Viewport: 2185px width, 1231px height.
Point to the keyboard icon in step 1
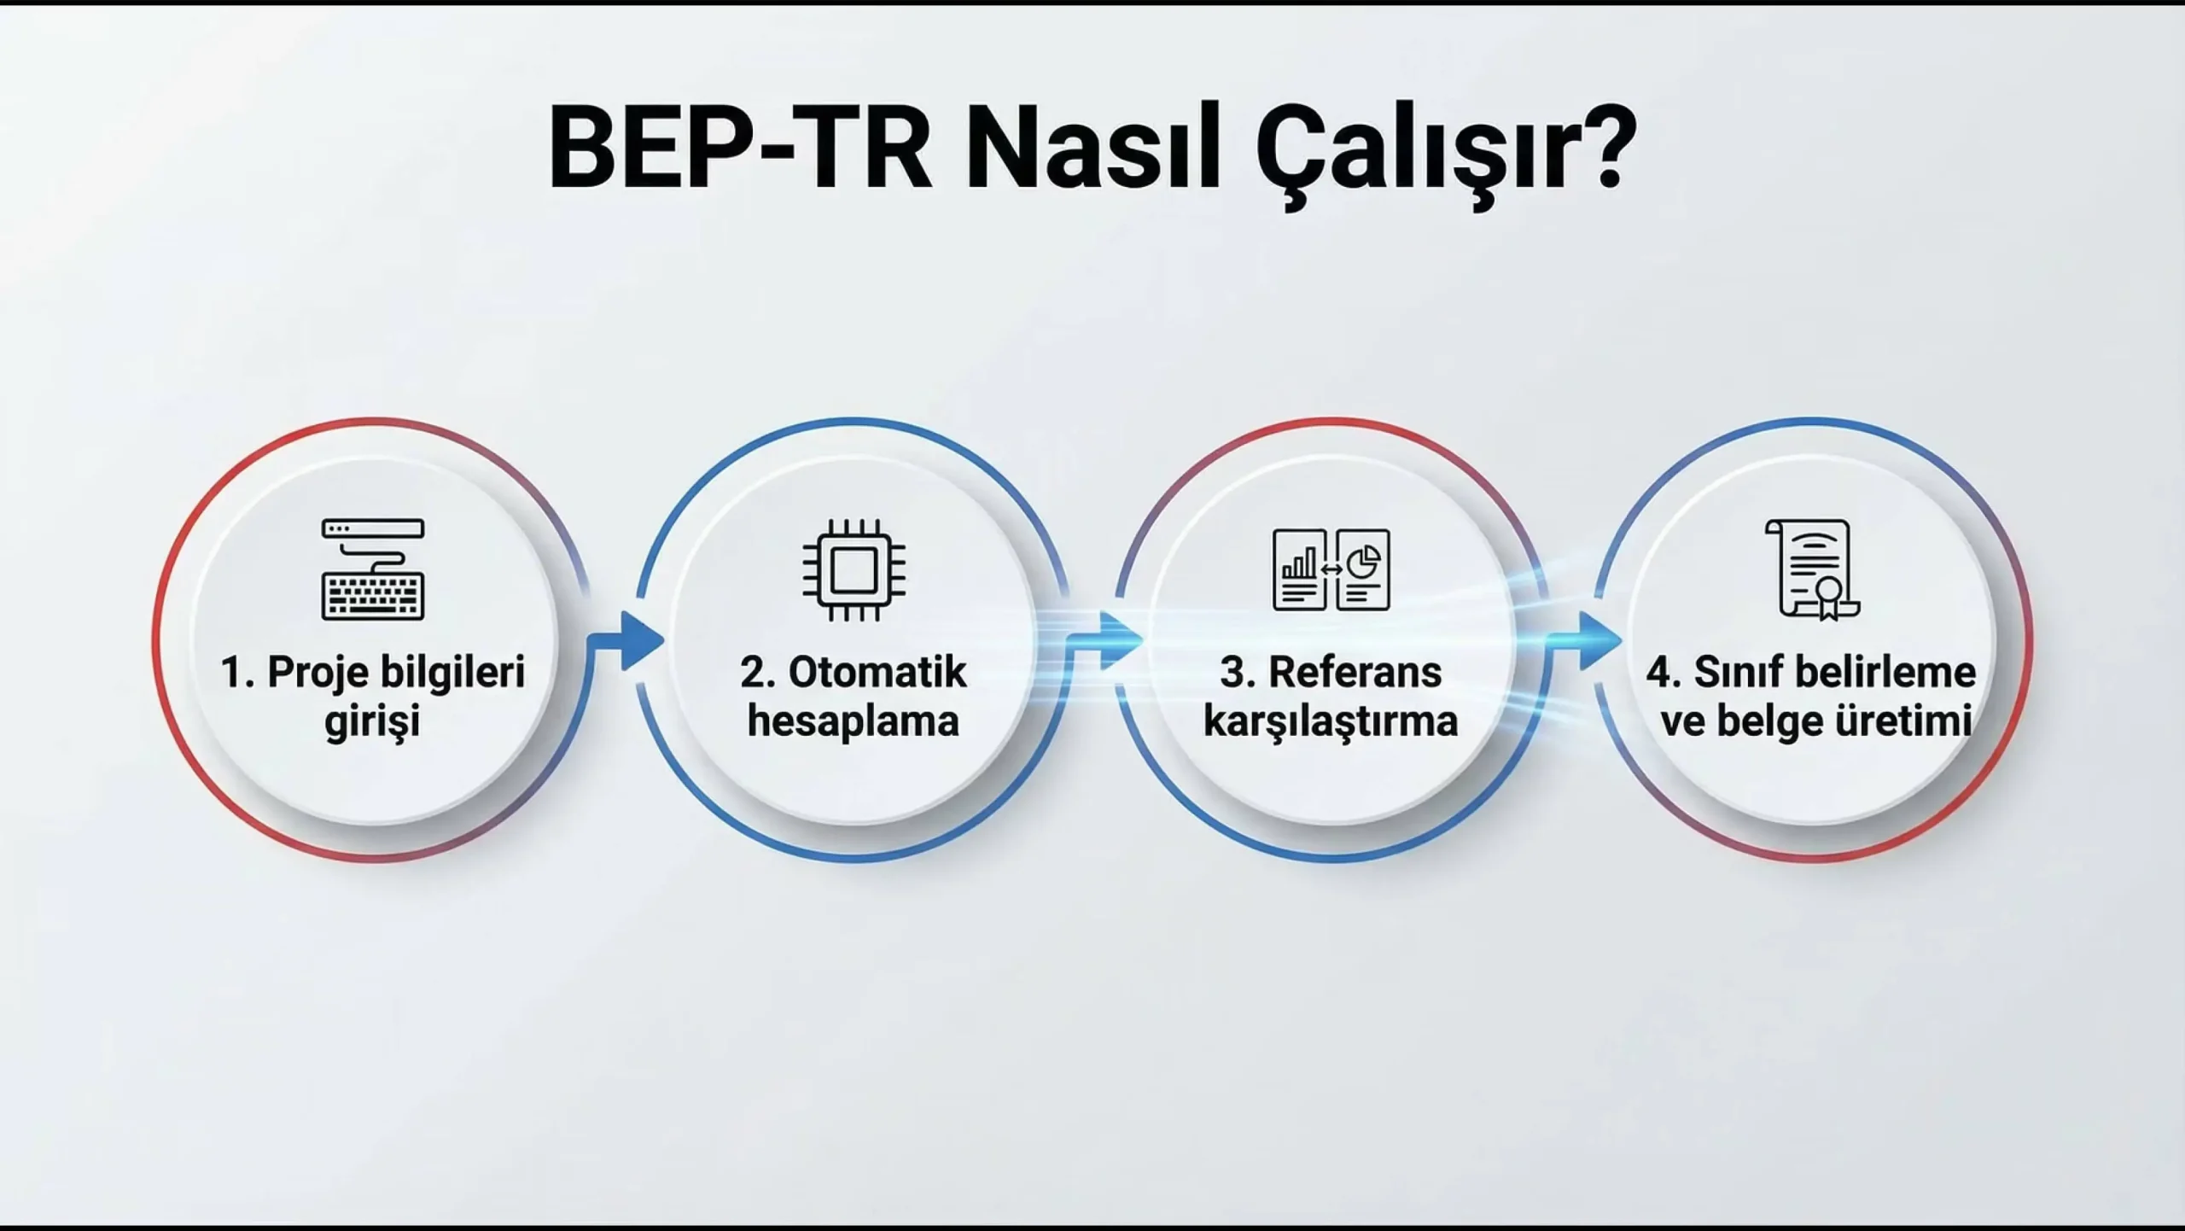coord(373,569)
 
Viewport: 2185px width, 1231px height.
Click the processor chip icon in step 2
coord(854,569)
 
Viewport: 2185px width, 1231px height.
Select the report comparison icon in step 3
coord(1331,569)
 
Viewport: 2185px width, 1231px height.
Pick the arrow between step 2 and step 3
coord(1104,640)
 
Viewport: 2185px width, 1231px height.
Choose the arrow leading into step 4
coord(1584,640)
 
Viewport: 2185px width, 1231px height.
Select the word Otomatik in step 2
coord(877,673)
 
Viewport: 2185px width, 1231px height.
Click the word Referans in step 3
coord(1355,673)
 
